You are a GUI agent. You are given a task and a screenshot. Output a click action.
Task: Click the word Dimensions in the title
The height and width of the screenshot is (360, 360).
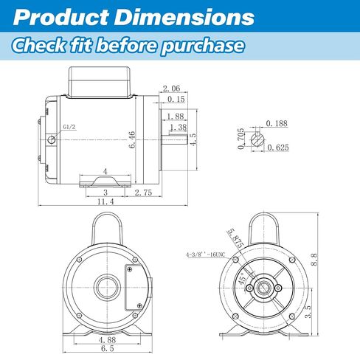pos(184,17)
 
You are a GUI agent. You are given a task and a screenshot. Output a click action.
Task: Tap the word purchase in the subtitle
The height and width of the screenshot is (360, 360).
pos(202,46)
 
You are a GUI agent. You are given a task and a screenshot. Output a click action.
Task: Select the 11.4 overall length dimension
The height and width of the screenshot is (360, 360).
pos(105,201)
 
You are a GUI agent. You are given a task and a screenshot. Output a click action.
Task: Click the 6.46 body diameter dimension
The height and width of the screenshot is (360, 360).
pos(132,139)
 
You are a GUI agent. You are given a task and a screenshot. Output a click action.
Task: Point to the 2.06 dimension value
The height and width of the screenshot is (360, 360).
pos(172,89)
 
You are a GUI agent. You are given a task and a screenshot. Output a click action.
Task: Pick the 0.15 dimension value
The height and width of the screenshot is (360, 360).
pos(176,99)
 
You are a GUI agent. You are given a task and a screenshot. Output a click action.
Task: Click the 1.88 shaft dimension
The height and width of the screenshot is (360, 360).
pos(176,116)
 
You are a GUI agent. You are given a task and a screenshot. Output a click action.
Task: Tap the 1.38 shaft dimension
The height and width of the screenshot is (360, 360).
pos(179,127)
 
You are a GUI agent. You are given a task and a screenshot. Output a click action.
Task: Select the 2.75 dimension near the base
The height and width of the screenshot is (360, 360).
pos(144,193)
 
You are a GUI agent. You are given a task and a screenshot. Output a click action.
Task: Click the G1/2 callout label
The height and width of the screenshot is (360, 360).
pos(69,127)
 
